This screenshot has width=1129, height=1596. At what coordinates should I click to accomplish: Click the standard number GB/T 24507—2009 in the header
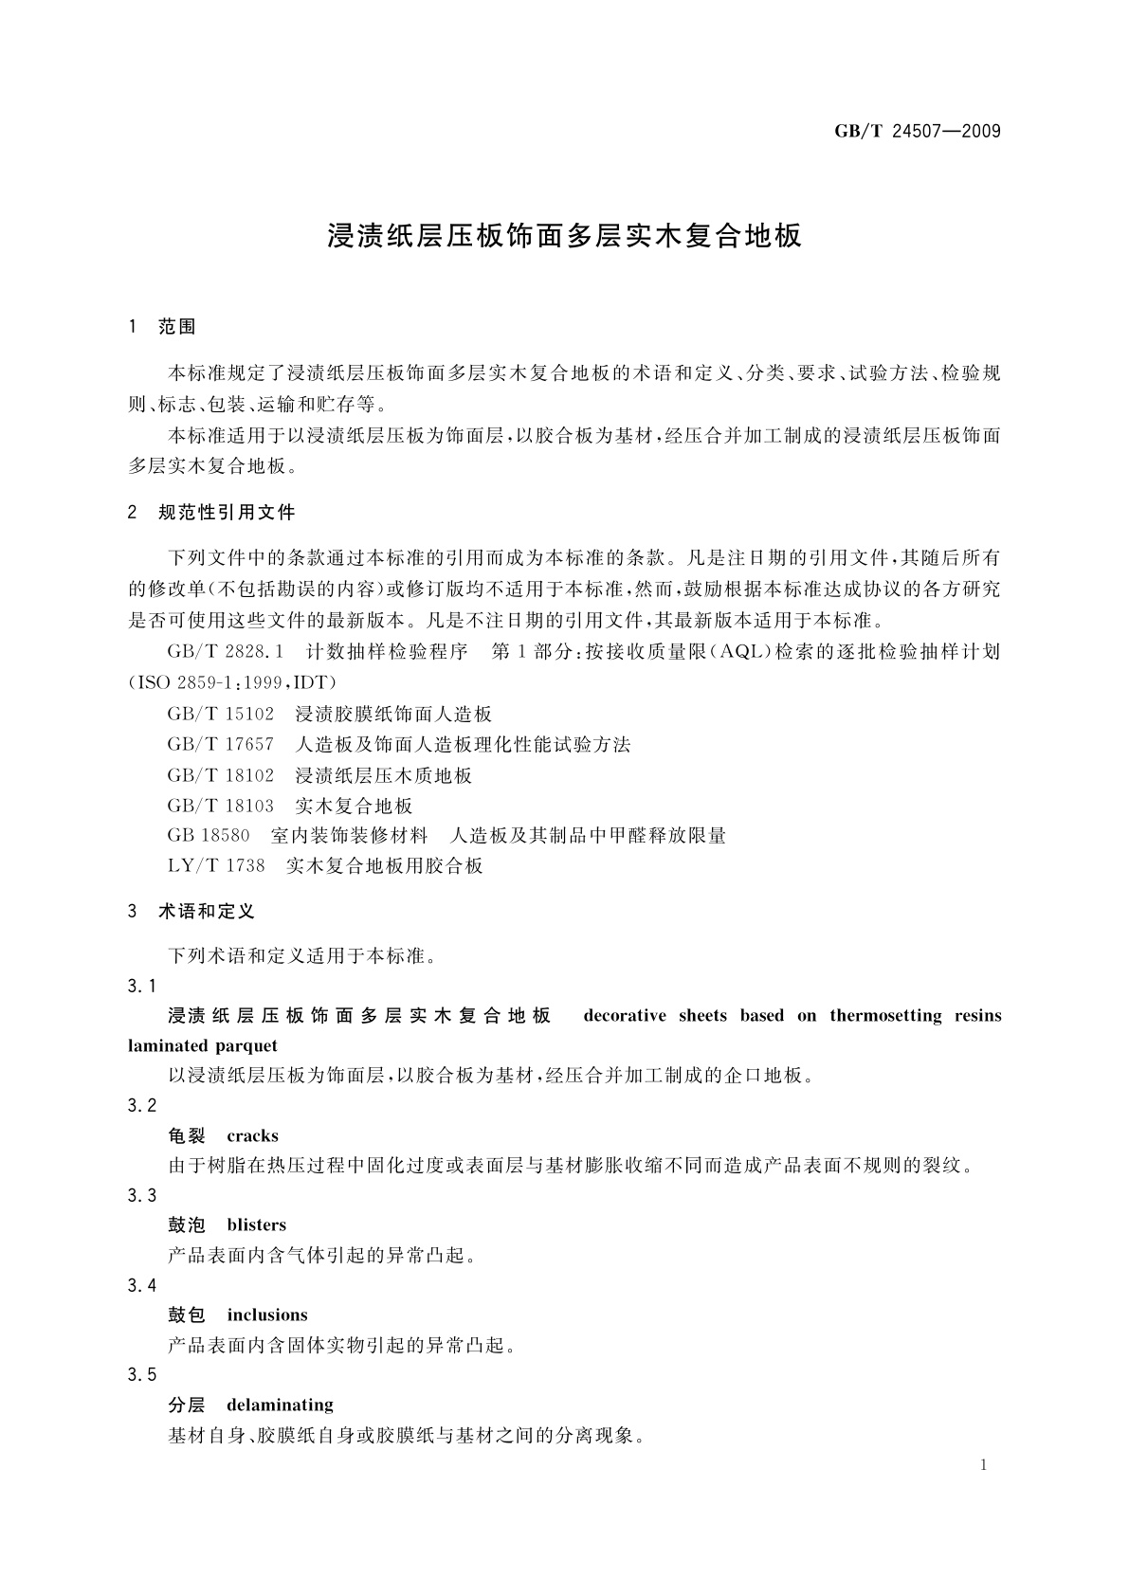coord(917,131)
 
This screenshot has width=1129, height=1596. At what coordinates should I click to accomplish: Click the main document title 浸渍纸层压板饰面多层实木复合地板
coord(564,235)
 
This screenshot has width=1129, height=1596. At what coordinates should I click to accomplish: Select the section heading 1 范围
coord(162,327)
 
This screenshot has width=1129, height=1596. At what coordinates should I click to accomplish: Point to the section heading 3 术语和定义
coord(191,912)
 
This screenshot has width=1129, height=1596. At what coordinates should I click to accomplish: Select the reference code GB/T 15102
coord(221,714)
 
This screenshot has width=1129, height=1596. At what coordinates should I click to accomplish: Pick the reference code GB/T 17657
coord(221,744)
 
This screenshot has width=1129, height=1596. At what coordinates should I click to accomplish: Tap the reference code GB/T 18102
coord(221,775)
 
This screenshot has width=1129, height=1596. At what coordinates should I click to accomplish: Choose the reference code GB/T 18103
coord(221,806)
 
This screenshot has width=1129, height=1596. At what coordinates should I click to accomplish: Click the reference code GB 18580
coord(209,836)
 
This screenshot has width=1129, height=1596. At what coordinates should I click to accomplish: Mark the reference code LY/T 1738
coord(216,866)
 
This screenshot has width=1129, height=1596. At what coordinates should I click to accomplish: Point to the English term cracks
coord(252,1135)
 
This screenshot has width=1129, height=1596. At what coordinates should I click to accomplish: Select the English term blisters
coord(256,1224)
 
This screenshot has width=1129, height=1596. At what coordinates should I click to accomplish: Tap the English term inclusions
coord(267,1315)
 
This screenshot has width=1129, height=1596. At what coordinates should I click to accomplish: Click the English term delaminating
coord(280,1405)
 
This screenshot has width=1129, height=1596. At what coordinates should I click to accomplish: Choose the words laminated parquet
coord(203,1045)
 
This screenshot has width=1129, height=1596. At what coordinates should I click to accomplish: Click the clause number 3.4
coord(142,1285)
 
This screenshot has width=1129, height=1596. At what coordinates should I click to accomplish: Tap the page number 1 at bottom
coord(983,1465)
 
